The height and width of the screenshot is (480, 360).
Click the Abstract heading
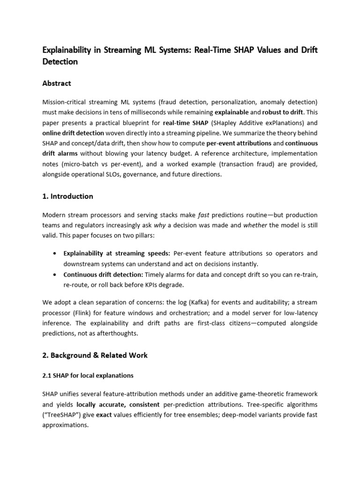(57, 83)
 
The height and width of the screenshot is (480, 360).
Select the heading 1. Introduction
(67, 196)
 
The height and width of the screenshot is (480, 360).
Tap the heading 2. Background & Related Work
(95, 355)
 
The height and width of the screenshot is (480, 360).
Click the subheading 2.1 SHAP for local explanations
(88, 375)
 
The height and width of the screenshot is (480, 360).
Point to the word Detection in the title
(60, 61)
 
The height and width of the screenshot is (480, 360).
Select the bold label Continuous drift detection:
(103, 274)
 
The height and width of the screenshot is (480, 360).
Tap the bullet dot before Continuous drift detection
(56, 275)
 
